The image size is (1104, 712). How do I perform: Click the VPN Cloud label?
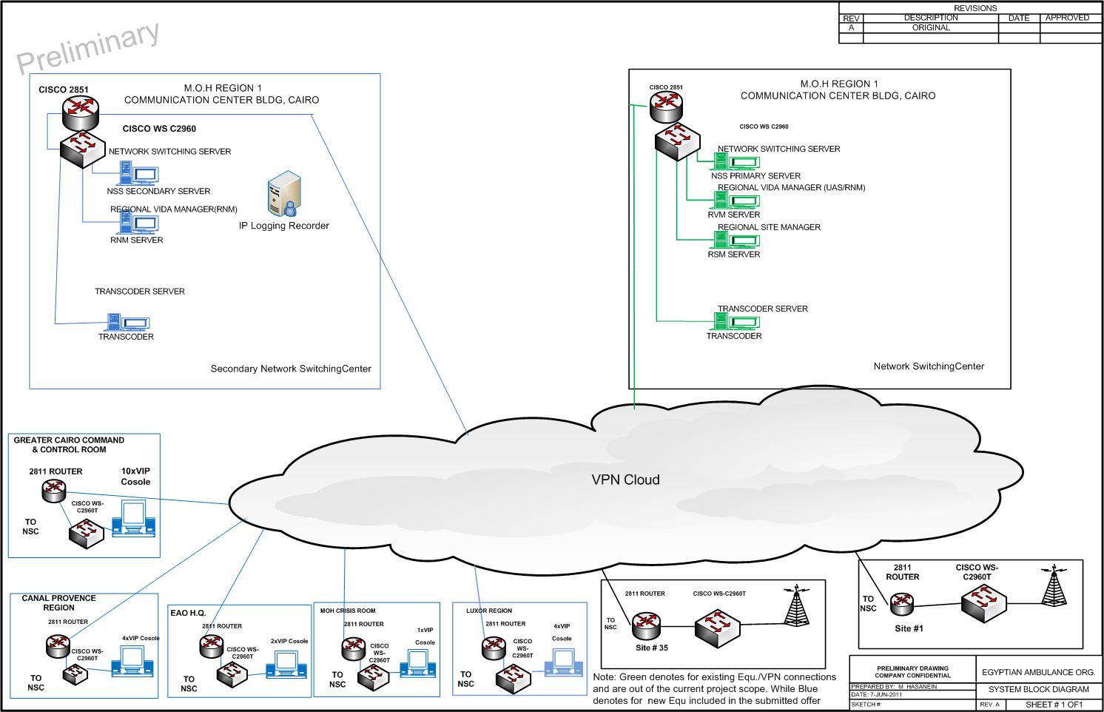coord(625,480)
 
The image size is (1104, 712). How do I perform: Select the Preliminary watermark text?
coord(88,48)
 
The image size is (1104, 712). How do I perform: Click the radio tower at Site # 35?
coord(795,608)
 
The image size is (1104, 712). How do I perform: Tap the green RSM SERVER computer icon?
coord(736,240)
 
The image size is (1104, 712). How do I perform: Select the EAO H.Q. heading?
coord(188,613)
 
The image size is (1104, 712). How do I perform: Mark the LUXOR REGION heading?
coord(488,611)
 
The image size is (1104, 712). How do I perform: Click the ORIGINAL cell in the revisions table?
coord(930,27)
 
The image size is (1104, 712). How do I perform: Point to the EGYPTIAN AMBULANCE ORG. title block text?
coord(1038,673)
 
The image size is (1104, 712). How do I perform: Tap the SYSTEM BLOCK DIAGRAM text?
coord(1038,689)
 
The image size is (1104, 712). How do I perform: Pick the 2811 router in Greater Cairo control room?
coord(54,490)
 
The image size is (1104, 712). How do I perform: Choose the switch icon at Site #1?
coord(983,602)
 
